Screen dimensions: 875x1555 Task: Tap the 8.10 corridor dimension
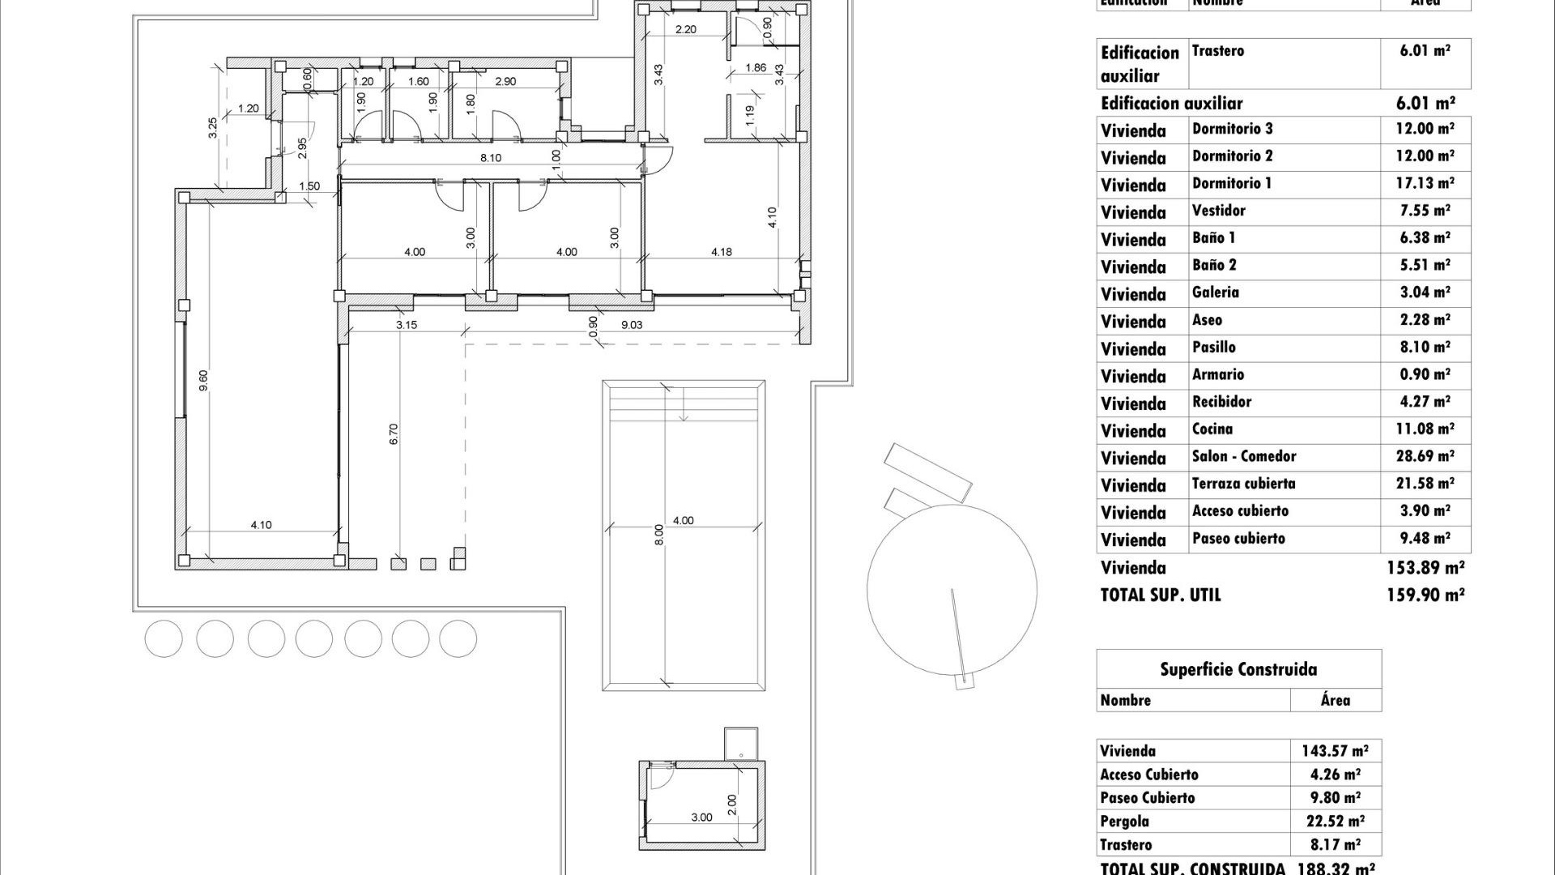click(x=490, y=158)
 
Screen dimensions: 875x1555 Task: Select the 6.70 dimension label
click(x=394, y=434)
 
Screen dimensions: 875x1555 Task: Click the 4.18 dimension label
click(x=721, y=252)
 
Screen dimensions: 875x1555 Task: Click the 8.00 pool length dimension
click(x=659, y=535)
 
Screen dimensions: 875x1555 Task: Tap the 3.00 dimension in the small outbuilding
click(x=701, y=817)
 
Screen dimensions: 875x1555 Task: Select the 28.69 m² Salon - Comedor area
click(x=1425, y=456)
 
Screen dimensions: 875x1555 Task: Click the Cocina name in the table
click(x=1212, y=429)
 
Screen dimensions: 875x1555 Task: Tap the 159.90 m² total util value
click(x=1425, y=595)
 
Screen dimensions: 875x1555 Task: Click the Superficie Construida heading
click(x=1238, y=669)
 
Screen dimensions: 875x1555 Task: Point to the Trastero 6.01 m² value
click(x=1425, y=50)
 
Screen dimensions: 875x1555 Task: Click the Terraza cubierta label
click(x=1243, y=484)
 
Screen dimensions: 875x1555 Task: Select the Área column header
click(x=1335, y=700)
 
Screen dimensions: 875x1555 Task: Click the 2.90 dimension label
click(x=505, y=82)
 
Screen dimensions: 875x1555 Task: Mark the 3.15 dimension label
click(x=407, y=325)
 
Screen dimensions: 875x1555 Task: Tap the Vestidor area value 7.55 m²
click(x=1425, y=211)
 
